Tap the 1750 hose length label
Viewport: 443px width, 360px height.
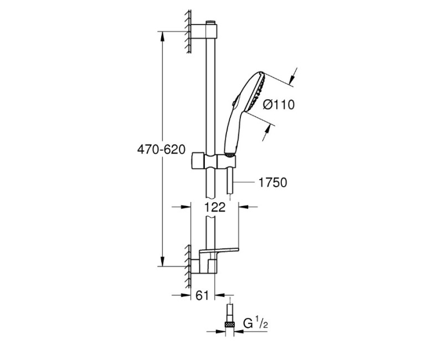pyautogui.click(x=272, y=182)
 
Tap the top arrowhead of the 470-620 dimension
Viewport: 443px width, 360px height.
pyautogui.click(x=162, y=37)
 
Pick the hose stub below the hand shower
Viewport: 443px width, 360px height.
pyautogui.click(x=230, y=181)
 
